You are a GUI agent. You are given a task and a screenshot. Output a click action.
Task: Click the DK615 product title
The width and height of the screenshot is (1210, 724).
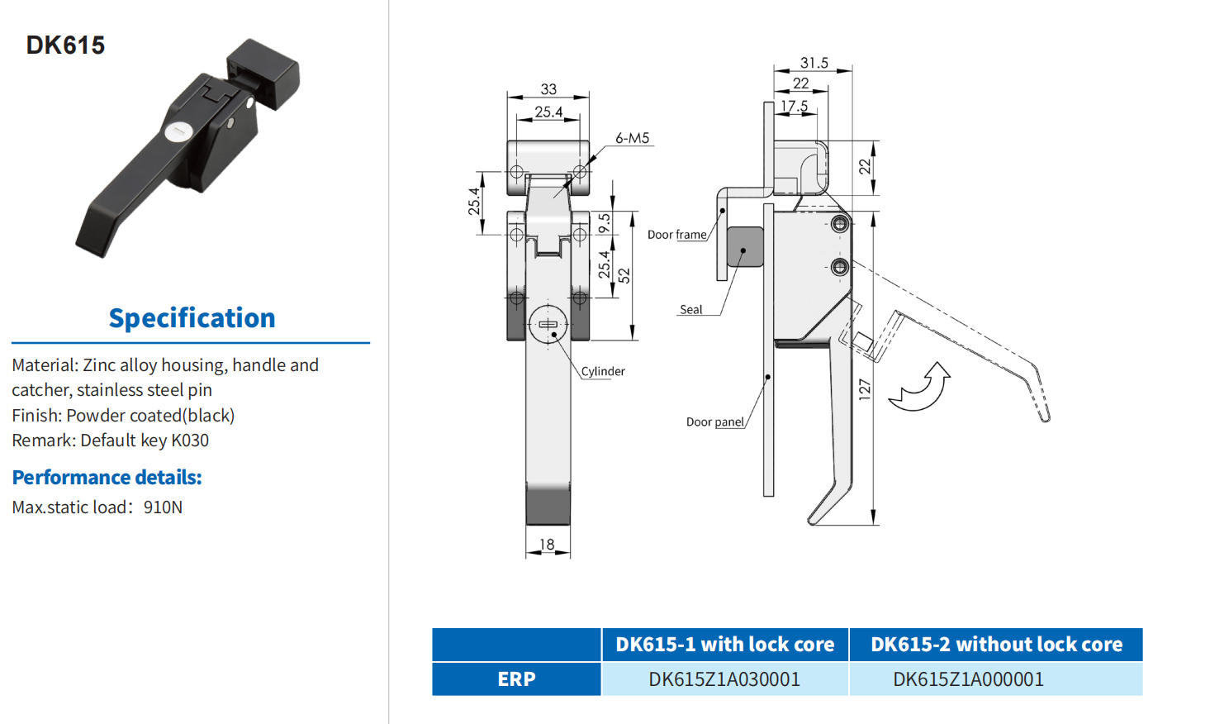point(65,45)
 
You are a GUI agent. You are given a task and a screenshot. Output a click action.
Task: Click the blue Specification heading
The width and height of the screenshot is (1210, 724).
point(192,318)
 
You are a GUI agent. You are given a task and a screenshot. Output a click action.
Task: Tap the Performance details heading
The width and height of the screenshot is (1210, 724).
point(107,477)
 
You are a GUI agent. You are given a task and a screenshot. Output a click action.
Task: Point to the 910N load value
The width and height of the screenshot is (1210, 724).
point(163,507)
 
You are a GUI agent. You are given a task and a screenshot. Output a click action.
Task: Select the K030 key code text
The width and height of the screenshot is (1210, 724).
point(190,441)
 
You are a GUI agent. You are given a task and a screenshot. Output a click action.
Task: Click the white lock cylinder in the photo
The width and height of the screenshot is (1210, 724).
point(178,131)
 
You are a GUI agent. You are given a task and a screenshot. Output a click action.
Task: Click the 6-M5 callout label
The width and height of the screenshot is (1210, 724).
point(632,138)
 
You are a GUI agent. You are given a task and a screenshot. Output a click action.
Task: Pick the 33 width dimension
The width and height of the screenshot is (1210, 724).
point(548,88)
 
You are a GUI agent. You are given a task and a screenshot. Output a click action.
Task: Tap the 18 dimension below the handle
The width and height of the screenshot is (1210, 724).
point(547,544)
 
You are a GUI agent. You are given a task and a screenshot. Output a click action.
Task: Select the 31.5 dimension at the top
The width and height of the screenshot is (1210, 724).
point(814,63)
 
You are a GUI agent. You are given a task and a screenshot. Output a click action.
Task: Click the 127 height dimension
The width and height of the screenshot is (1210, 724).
point(864,389)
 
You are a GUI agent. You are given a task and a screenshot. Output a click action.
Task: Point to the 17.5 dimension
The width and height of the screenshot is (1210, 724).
point(794,106)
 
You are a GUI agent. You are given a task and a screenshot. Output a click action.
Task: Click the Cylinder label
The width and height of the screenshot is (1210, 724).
point(603,371)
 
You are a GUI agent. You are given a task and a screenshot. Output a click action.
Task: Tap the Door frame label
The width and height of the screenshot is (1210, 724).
point(676,235)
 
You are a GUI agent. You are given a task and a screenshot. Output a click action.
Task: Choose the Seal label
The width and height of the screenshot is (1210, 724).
point(690,309)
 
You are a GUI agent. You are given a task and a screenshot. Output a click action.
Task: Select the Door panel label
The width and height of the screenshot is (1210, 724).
point(715,422)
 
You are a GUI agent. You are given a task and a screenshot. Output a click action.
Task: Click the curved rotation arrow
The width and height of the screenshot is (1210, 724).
point(921,388)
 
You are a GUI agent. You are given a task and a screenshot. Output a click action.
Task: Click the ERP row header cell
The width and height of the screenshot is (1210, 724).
point(516,679)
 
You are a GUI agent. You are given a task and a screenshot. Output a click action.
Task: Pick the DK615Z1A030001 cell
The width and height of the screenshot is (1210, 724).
point(724,679)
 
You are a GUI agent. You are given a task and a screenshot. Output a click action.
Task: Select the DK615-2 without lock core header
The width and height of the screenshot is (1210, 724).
point(996,645)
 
